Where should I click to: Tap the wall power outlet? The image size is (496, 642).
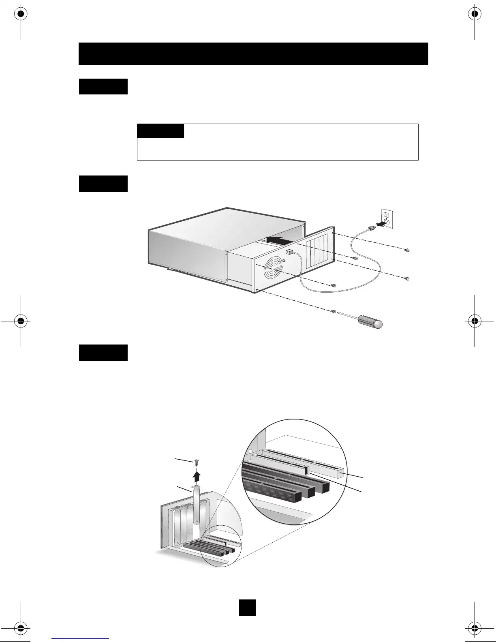point(387,218)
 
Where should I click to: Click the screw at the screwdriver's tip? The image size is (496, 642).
point(334,311)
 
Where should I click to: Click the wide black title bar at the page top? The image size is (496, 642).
point(253,53)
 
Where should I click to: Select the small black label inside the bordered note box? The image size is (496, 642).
point(160,131)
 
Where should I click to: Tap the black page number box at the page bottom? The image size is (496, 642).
point(247,607)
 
